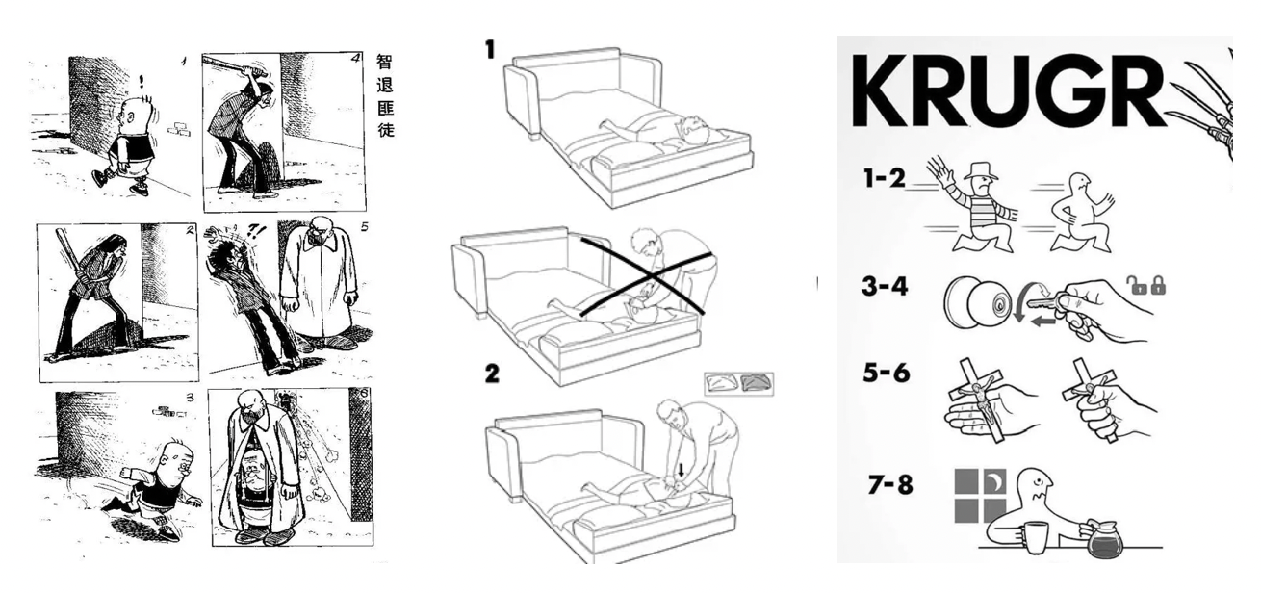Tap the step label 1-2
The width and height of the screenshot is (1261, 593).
pos(885,178)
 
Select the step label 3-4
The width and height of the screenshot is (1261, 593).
pos(885,286)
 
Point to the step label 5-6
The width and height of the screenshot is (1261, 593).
pos(887,373)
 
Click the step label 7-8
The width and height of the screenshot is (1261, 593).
pos(890,484)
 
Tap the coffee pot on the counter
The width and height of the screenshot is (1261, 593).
pos(1103,538)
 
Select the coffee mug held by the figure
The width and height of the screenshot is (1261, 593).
pos(1035,538)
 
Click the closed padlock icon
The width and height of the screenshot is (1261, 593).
pos(1158,285)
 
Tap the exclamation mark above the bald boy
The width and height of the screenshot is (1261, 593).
pos(142,82)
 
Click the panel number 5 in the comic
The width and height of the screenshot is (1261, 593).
pos(365,227)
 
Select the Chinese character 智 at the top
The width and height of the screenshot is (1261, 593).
pos(384,62)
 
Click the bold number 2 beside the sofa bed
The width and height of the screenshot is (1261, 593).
pos(492,374)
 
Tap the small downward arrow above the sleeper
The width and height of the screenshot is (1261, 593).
pos(682,470)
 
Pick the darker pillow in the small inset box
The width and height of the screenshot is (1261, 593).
pos(756,383)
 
